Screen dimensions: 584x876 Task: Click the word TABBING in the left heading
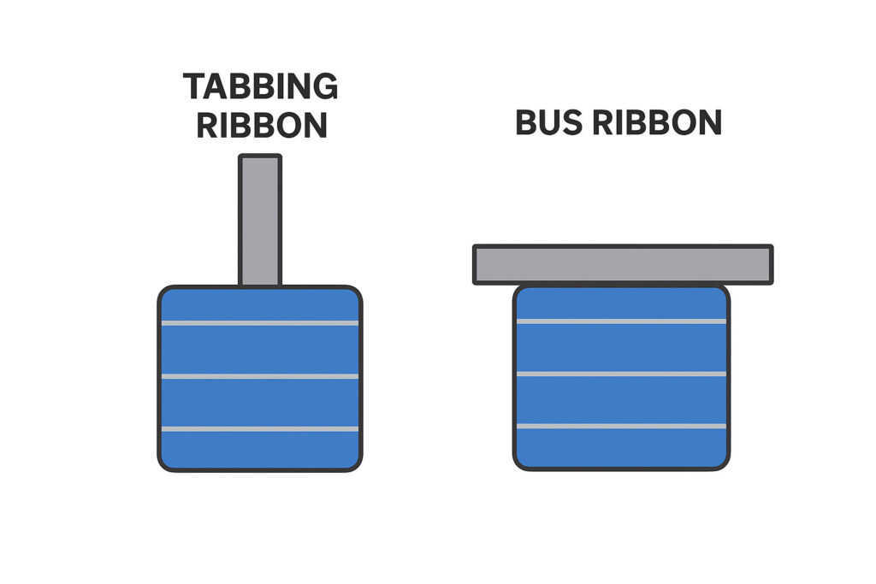pos(260,87)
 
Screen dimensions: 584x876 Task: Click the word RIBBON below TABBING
pos(262,125)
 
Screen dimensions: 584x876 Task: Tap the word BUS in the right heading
pos(548,123)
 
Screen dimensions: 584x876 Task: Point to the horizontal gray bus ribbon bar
pos(623,264)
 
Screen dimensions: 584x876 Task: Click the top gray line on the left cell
pos(259,323)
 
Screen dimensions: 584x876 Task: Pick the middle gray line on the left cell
pos(259,376)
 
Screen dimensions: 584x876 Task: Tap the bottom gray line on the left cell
pos(259,428)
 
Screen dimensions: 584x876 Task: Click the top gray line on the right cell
pos(622,321)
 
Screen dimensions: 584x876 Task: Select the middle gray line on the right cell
pos(622,374)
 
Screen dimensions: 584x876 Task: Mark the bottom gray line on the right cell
pos(622,426)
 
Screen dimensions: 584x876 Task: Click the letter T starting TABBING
pos(195,87)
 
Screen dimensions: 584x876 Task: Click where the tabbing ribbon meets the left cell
pos(259,286)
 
